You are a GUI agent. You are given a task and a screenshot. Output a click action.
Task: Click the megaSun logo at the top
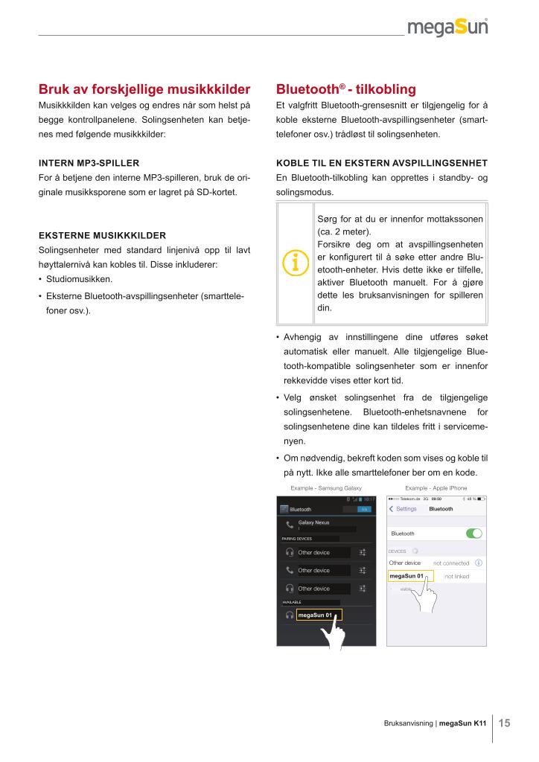447,28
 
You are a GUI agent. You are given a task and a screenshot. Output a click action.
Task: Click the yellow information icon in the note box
296,263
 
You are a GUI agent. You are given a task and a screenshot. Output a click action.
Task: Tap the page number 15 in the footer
504,723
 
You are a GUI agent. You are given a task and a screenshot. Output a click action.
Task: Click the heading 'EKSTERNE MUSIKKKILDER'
102,235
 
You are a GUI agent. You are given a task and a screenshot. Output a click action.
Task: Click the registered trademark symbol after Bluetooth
342,86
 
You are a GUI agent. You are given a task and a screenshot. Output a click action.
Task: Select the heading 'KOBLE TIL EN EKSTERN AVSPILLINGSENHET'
381,162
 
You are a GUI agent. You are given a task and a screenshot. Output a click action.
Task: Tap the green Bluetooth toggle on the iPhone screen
473,534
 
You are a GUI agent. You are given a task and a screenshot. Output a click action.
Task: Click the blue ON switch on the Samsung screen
364,509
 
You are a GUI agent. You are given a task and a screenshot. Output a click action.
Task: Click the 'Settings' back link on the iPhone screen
404,509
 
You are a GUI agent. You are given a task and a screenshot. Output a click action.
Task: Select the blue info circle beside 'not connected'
478,563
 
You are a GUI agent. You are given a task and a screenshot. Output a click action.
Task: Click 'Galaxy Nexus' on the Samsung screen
313,522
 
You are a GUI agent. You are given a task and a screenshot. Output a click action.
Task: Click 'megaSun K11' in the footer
463,723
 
